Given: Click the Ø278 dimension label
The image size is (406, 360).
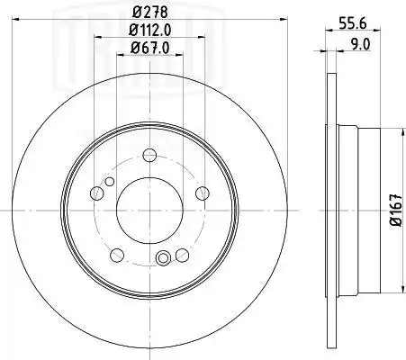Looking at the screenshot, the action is pos(149,13).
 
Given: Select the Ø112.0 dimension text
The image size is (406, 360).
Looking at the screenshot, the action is pos(149,30).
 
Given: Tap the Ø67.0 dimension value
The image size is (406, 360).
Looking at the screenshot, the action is pos(150,48).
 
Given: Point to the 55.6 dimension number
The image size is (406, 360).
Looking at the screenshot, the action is pos(353,22).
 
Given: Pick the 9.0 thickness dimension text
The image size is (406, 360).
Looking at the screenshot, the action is pos(360,45).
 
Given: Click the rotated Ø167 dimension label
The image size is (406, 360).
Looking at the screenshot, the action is pos(396,210).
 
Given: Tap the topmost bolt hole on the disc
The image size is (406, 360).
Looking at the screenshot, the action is pos(149,155).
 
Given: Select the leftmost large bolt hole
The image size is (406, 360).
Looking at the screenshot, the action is pos(97,193).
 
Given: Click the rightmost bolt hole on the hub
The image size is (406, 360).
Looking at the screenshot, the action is pos(203,193).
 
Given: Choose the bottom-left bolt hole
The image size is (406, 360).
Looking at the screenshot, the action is pos(117,255).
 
